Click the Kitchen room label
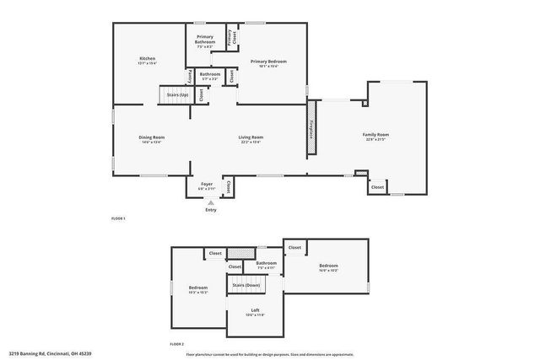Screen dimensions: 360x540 (148, 61)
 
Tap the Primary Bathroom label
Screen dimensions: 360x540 (205, 39)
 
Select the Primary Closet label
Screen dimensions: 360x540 (229, 36)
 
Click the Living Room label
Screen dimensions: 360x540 (251, 138)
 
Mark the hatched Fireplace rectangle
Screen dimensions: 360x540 (310, 128)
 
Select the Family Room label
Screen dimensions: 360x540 (375, 137)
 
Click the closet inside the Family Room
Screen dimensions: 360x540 (377, 186)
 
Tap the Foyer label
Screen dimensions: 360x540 (207, 185)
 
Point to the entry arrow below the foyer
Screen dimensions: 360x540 (211, 203)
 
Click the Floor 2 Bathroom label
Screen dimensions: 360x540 (266, 265)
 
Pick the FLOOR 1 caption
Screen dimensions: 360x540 (118, 219)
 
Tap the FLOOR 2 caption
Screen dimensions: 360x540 (176, 345)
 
